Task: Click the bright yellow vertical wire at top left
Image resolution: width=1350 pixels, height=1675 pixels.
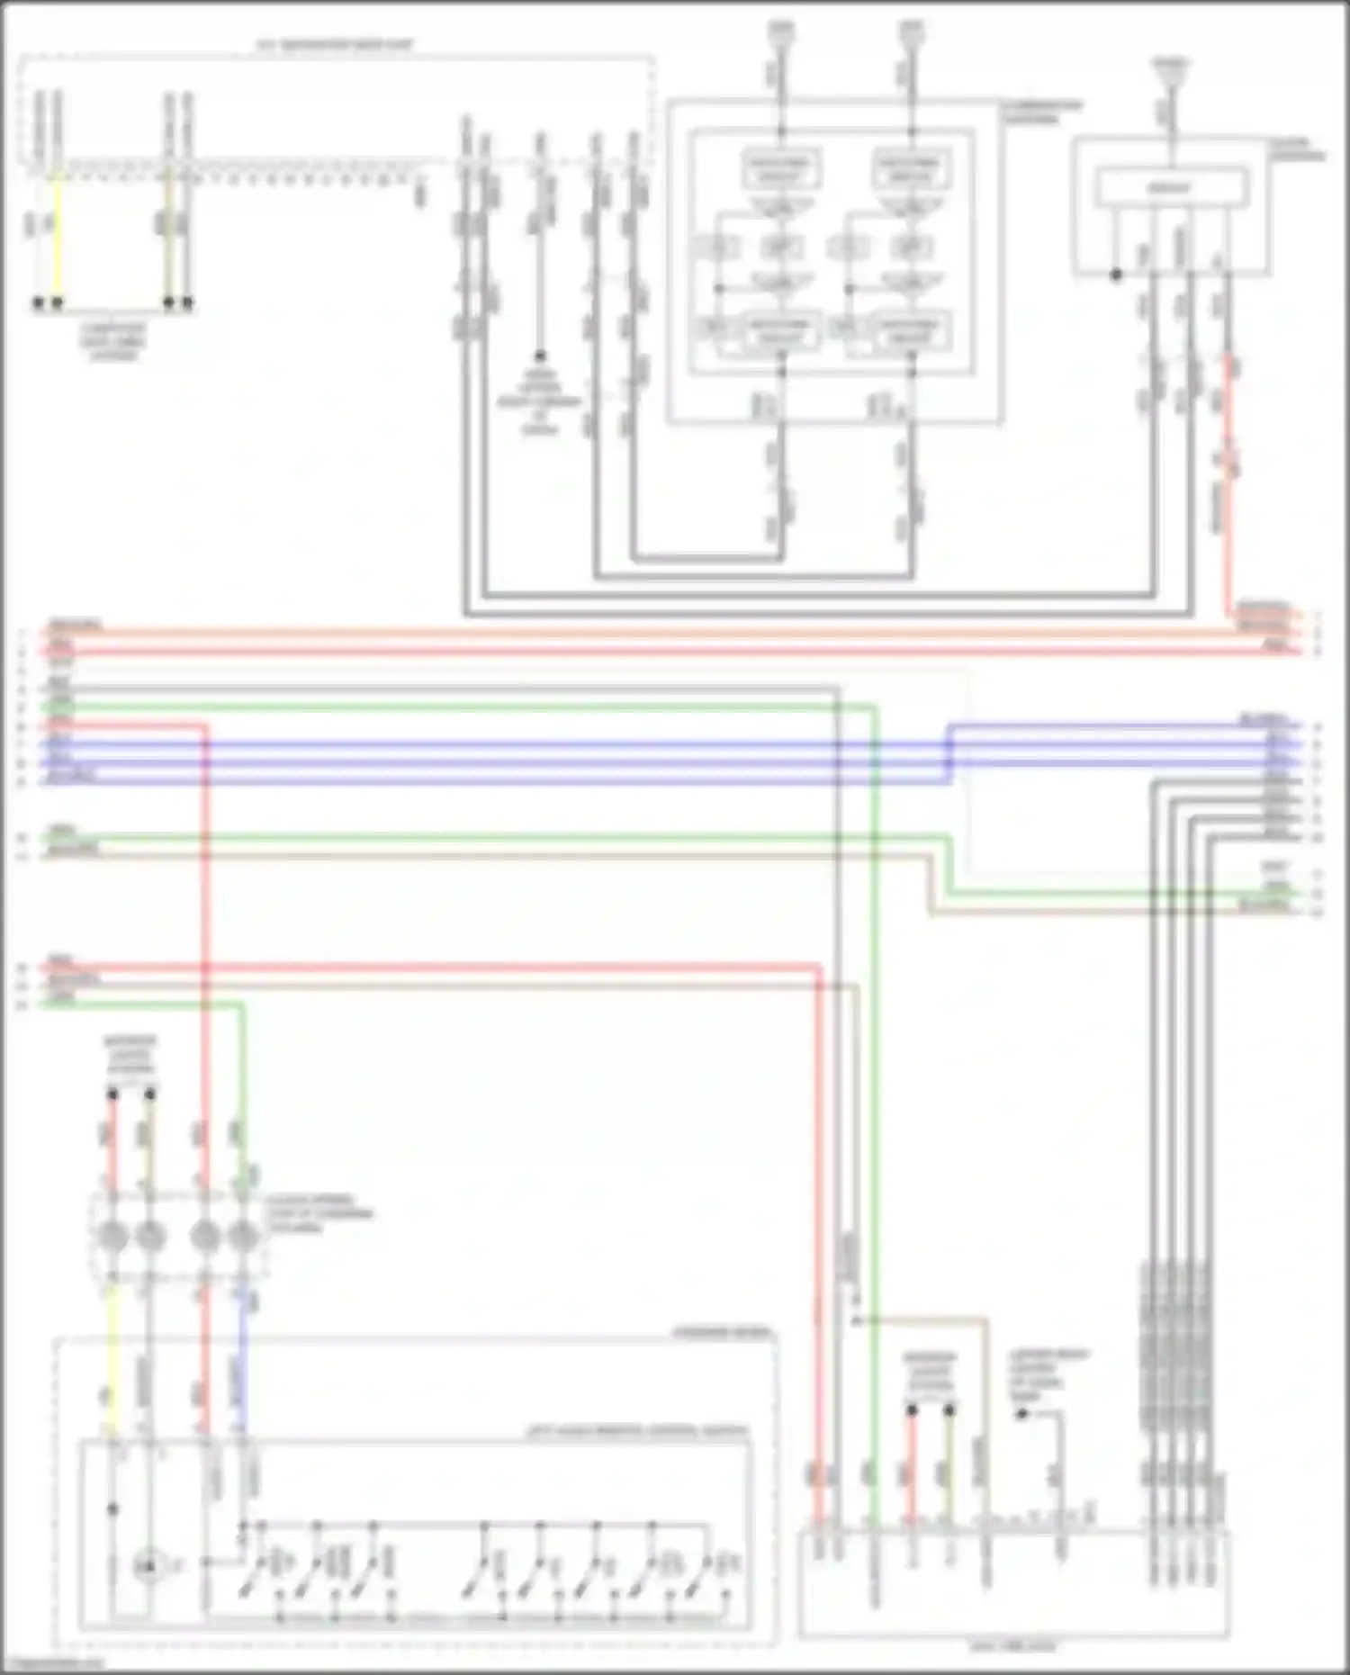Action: click(57, 234)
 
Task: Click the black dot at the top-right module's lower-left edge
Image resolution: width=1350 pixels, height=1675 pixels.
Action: click(1116, 275)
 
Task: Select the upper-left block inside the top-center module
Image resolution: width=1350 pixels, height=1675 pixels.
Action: click(780, 168)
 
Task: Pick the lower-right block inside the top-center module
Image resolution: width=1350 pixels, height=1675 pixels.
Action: click(910, 330)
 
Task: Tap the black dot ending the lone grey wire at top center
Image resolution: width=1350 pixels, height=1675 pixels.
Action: click(540, 356)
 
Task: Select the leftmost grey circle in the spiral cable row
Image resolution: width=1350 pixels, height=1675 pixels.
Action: click(112, 1236)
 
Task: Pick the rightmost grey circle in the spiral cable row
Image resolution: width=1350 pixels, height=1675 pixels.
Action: click(243, 1236)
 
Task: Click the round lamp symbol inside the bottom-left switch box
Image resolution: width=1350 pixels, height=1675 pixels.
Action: click(149, 1567)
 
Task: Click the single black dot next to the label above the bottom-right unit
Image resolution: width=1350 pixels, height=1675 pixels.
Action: click(1021, 1414)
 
